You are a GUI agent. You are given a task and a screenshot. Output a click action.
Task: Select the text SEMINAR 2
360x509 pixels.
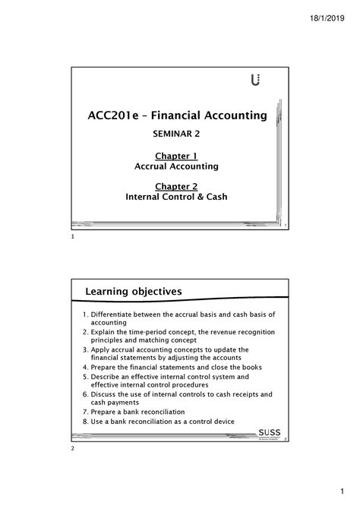point(181,137)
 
